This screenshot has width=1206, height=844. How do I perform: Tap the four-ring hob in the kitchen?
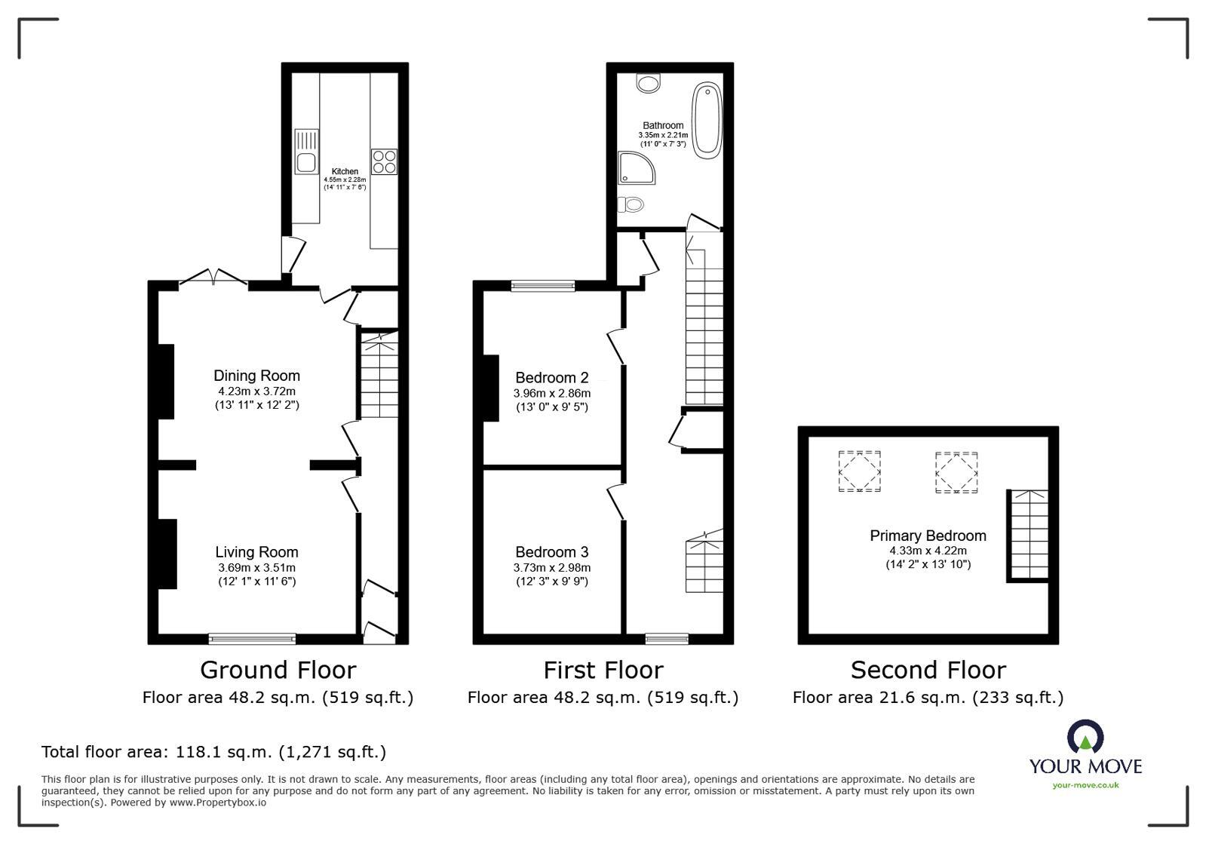[x=384, y=162]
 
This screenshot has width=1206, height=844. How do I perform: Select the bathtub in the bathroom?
[x=707, y=121]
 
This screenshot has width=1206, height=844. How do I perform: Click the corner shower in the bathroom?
[x=634, y=167]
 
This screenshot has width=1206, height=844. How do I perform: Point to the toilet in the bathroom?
[x=631, y=204]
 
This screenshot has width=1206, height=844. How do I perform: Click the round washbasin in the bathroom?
[x=648, y=81]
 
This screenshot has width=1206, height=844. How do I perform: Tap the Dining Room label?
[x=256, y=376]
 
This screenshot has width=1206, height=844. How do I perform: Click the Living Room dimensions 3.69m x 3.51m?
[x=256, y=568]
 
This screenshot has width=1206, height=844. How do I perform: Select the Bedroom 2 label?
[x=551, y=378]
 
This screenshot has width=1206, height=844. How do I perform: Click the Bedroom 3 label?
[x=551, y=552]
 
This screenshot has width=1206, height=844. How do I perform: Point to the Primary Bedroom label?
[x=928, y=536]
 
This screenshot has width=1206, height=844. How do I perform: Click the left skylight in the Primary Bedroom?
[x=859, y=471]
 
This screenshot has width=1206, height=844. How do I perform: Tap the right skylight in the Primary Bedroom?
[x=956, y=472]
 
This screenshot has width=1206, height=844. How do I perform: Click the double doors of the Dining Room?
[x=213, y=279]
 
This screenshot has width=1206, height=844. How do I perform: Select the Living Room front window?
[x=252, y=639]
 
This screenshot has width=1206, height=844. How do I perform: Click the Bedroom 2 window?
[x=542, y=285]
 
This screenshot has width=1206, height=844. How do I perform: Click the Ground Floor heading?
[x=278, y=670]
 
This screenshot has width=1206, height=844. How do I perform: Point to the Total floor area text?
[x=213, y=752]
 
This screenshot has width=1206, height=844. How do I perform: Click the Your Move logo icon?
[x=1085, y=737]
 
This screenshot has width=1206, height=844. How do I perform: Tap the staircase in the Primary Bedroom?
[x=1027, y=534]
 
